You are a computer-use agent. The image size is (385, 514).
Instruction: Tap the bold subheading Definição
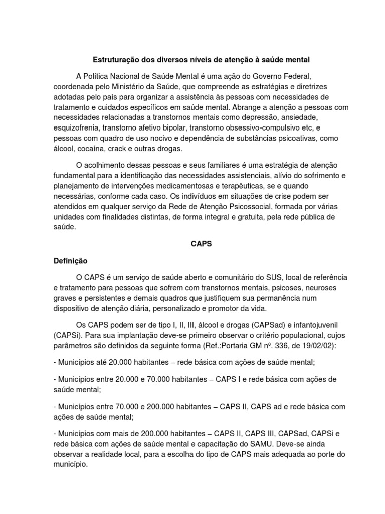[x=70, y=261]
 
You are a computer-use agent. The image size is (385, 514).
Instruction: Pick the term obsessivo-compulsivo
[x=261, y=127]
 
